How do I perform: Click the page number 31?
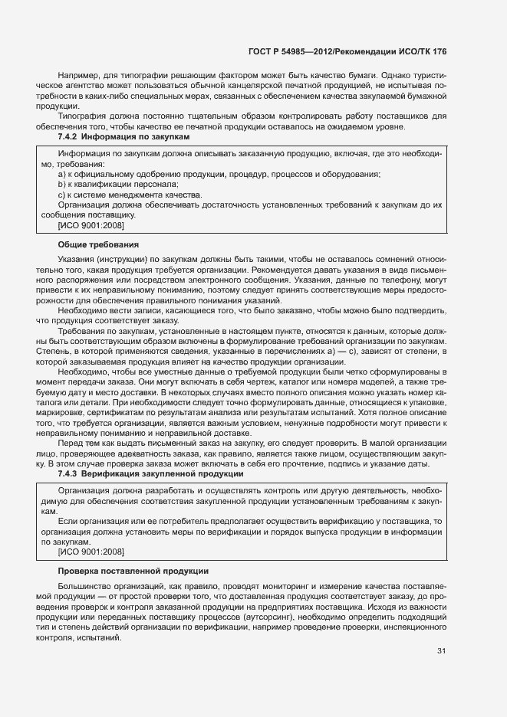(441, 651)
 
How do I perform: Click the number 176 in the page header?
(437, 51)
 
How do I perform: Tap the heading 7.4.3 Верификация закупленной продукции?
(135, 474)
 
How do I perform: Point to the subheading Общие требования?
(98, 244)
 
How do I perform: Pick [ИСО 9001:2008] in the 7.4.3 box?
(91, 552)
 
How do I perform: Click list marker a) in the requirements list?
(62, 175)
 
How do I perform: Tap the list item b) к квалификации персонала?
(117, 185)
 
